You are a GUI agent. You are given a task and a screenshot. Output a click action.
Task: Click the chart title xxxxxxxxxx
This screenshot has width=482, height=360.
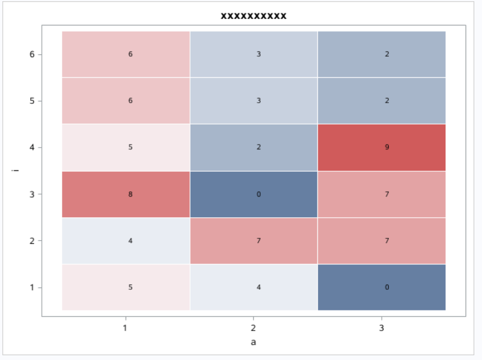(254, 16)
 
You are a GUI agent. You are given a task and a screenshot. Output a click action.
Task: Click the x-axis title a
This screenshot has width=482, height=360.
(254, 342)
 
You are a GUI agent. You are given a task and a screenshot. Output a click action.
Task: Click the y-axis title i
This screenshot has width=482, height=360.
(16, 171)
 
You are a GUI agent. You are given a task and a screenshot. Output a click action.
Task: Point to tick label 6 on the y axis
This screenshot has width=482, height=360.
(32, 54)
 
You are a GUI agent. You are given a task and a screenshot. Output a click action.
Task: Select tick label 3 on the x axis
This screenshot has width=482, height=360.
(382, 328)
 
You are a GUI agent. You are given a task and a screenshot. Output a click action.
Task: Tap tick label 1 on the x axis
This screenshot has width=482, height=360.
(125, 328)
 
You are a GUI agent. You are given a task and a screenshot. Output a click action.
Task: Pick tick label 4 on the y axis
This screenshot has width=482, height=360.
(32, 148)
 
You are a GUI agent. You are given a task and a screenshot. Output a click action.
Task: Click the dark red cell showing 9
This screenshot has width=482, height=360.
(382, 148)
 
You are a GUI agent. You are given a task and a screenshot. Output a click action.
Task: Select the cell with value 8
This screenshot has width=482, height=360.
(126, 194)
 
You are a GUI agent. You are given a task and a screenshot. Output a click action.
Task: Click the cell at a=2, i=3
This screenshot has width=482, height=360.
(254, 194)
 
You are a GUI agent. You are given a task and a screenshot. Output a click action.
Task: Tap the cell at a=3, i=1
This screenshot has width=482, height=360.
(382, 287)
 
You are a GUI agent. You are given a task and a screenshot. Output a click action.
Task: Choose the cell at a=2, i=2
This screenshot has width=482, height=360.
(254, 241)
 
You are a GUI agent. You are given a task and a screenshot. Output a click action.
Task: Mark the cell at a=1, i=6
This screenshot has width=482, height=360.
(126, 54)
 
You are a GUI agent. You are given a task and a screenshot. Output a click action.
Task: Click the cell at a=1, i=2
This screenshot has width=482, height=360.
(126, 241)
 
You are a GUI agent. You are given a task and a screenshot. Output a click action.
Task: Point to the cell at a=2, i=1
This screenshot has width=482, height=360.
(254, 287)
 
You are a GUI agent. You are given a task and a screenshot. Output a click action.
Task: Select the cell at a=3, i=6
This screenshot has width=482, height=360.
(382, 54)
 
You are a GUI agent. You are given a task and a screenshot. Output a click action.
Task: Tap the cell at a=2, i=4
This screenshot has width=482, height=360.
(254, 148)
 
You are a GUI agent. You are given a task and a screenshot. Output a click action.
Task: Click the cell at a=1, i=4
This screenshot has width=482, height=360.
(126, 148)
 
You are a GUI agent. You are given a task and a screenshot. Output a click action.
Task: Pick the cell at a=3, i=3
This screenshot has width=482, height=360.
(382, 194)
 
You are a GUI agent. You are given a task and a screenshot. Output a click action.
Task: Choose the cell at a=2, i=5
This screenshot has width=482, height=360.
(254, 101)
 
